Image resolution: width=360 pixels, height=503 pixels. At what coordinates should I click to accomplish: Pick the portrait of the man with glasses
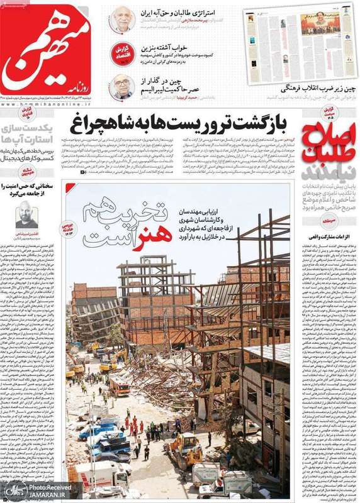click(121, 87)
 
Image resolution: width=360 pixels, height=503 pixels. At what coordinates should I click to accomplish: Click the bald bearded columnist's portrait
click(26, 216)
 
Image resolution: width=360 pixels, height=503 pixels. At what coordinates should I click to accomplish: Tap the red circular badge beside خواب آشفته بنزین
click(124, 52)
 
